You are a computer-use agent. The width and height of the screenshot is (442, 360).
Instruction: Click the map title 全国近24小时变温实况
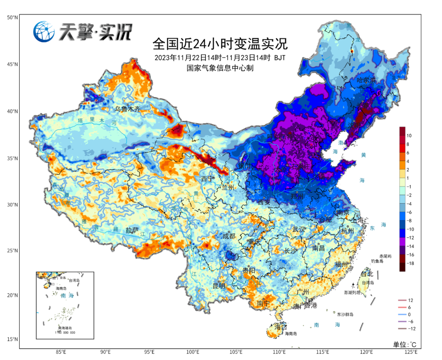tap(220, 43)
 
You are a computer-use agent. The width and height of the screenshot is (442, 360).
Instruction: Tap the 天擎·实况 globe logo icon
tap(44, 32)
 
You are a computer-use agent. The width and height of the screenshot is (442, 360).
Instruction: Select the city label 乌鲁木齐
tap(130, 109)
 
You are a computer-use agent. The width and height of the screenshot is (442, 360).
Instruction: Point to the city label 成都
tap(229, 236)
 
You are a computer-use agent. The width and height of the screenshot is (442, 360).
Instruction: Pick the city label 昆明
tap(219, 285)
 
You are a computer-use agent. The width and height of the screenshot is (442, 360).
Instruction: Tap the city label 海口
tap(281, 327)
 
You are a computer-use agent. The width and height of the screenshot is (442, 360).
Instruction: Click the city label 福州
tap(341, 264)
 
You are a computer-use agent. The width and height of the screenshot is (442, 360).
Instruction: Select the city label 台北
tap(367, 274)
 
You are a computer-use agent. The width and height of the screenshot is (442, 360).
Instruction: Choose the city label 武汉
tap(299, 229)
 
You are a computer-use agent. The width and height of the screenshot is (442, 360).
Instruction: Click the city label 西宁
tap(207, 179)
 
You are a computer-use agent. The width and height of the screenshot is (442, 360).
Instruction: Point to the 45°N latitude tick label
tap(12, 64)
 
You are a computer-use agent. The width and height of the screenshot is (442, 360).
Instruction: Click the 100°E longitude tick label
tap(193, 352)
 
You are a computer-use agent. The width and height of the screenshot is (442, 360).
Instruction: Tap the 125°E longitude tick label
tap(410, 352)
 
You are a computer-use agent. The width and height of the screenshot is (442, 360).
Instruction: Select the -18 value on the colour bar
tap(410, 263)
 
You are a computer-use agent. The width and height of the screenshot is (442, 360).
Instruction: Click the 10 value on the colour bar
tap(410, 135)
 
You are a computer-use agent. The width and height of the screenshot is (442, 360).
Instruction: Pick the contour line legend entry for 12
tap(410, 300)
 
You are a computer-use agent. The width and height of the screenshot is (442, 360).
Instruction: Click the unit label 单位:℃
tap(404, 344)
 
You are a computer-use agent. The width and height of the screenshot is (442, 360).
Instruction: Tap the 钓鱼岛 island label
tap(377, 261)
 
